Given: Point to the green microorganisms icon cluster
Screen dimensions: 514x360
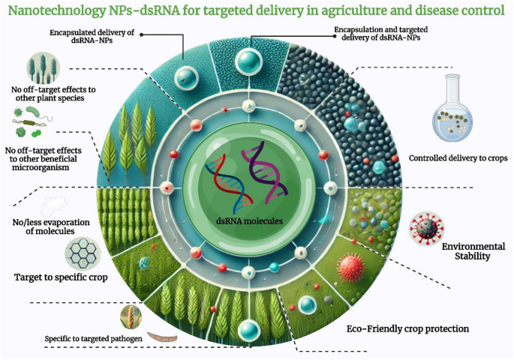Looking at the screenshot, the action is [31, 121].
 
